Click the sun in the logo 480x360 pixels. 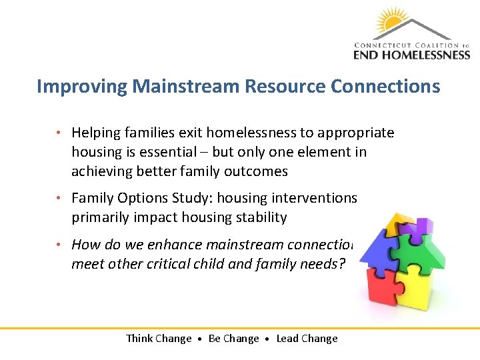[x=393, y=21]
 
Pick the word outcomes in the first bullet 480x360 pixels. [x=256, y=171]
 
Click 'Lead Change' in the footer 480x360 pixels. [x=307, y=339]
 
